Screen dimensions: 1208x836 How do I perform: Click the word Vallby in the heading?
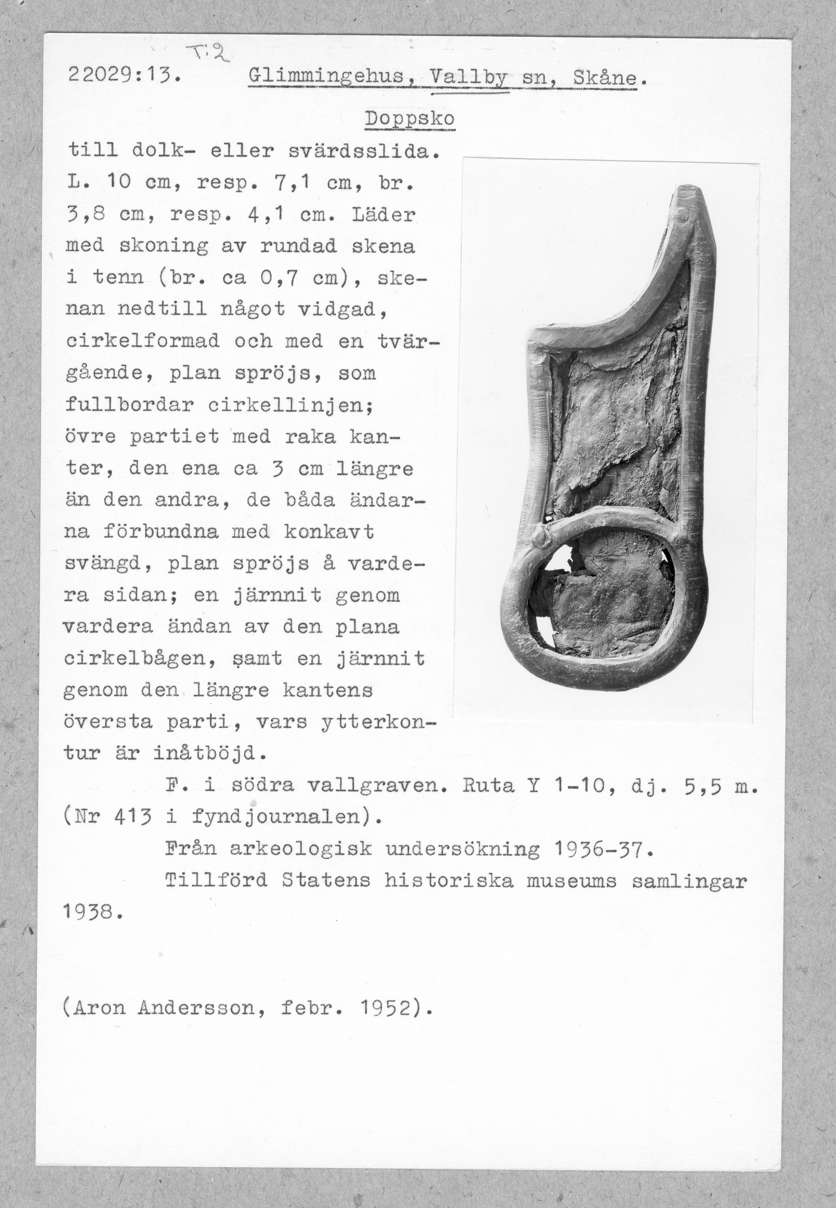pyautogui.click(x=469, y=79)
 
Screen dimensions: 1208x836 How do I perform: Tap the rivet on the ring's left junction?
pyautogui.click(x=540, y=537)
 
